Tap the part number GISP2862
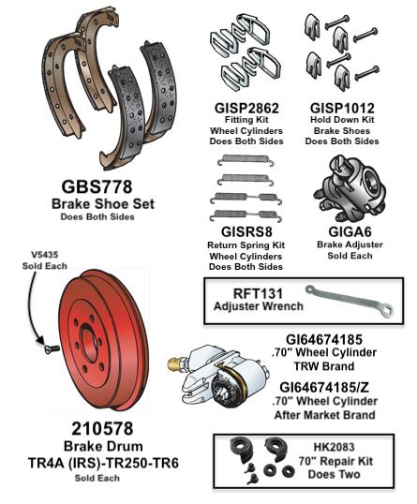click(246, 109)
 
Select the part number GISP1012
click(345, 109)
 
